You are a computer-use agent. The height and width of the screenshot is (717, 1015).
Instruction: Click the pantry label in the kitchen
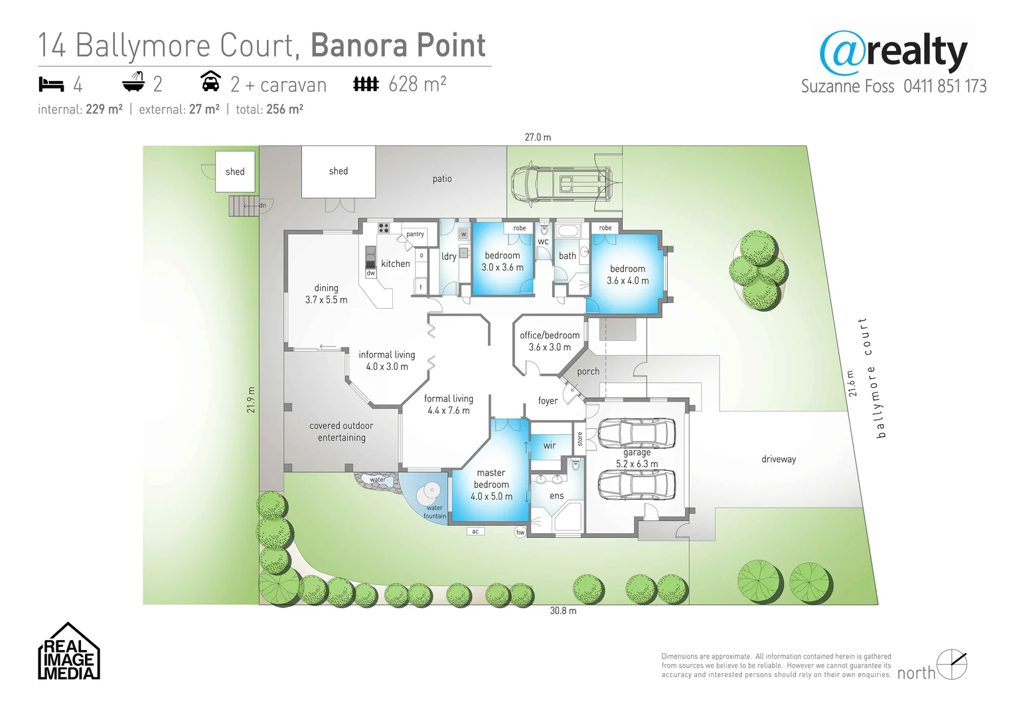(415, 234)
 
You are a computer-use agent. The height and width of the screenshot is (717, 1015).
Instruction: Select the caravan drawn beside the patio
(561, 183)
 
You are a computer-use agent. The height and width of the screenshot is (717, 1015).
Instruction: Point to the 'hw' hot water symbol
(520, 532)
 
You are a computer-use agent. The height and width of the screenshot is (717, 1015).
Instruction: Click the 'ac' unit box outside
(475, 531)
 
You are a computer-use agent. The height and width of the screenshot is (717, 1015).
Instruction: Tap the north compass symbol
(951, 665)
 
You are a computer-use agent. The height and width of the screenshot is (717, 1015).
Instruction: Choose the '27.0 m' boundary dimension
(538, 137)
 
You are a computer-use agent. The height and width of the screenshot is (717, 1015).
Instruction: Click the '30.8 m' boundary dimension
(563, 611)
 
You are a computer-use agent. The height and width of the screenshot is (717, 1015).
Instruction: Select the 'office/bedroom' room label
(550, 335)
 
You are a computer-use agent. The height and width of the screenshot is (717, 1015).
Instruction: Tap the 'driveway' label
(778, 459)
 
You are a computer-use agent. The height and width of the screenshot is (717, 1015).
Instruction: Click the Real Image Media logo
(68, 652)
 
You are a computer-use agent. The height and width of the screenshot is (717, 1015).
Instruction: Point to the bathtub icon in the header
(133, 83)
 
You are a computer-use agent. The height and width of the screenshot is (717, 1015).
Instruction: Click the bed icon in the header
(51, 84)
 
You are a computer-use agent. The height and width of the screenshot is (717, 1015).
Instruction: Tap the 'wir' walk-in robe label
(550, 445)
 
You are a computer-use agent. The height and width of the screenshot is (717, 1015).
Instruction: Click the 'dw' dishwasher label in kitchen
(370, 273)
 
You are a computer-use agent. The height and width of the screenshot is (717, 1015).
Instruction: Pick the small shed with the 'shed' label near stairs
(235, 172)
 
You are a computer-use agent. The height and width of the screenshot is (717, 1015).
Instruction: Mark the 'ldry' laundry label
(449, 256)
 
